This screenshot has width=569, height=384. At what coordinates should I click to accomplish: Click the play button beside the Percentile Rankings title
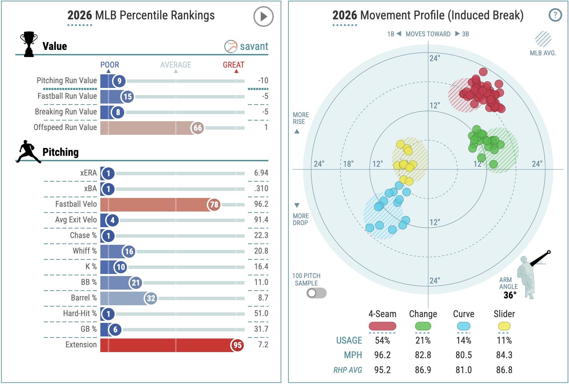pos(264,17)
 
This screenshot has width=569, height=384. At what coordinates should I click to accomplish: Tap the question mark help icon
pos(555,15)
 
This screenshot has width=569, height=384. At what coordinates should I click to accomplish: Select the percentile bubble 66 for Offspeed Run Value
pos(197,128)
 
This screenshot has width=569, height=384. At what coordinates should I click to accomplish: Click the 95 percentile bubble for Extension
pos(237,345)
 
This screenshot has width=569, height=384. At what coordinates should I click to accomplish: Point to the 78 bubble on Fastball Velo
pos(214,204)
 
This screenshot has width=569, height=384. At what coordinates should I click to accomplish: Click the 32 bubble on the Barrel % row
pos(151,298)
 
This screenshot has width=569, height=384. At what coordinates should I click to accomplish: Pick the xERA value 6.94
pos(261,173)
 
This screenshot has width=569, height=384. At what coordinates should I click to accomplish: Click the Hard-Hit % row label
pos(80,313)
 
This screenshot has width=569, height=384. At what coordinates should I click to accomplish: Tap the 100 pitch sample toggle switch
pos(316,293)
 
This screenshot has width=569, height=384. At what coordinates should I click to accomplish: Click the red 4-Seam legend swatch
pos(382,326)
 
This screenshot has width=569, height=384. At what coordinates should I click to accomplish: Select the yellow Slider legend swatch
pos(504,326)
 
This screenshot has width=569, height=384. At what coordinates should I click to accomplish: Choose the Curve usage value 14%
pos(464,341)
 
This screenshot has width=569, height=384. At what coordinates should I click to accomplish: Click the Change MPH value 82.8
pos(423,355)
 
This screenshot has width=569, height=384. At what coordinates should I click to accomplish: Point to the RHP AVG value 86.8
pos(504,370)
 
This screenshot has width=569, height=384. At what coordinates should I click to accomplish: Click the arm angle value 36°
pos(510,295)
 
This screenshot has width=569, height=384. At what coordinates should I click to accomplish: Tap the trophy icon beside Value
pos(29,44)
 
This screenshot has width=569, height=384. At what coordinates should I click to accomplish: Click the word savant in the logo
pos(254,47)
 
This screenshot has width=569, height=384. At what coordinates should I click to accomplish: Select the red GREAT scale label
pos(233,65)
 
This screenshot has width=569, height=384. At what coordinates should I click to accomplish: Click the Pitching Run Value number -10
pos(263,81)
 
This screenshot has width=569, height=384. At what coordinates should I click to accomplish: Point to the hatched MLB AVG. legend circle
pos(543,39)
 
